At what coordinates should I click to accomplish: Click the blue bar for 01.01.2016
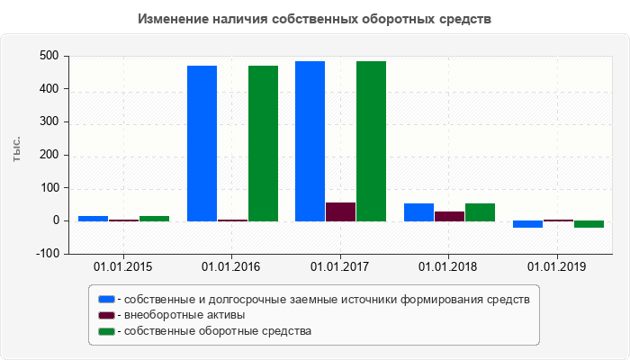[x=202, y=143]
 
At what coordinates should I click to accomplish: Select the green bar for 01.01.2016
[x=263, y=143]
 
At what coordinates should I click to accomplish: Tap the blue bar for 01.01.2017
[x=310, y=140]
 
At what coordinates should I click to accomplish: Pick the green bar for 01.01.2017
[x=371, y=140]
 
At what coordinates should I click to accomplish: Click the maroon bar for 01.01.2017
[x=340, y=211]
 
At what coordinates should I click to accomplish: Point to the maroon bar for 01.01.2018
[x=449, y=216]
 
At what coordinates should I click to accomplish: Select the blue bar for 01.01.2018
[x=418, y=212]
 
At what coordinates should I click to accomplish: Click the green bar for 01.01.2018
[x=480, y=212]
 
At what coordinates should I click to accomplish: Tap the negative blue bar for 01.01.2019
[x=527, y=224]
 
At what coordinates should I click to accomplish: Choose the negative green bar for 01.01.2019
[x=589, y=224]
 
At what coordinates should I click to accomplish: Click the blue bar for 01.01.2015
[x=93, y=218]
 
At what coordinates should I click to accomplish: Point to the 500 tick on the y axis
[x=49, y=56]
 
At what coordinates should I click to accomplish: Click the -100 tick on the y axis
[x=47, y=254]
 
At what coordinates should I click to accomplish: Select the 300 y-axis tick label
[x=49, y=122]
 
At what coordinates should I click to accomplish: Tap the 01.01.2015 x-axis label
[x=123, y=267]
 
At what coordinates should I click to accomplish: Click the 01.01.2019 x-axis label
[x=557, y=267]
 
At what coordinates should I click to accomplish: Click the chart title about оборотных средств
[x=314, y=19]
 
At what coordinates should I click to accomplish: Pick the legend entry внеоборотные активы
[x=184, y=315]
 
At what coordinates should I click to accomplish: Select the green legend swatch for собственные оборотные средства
[x=106, y=331]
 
